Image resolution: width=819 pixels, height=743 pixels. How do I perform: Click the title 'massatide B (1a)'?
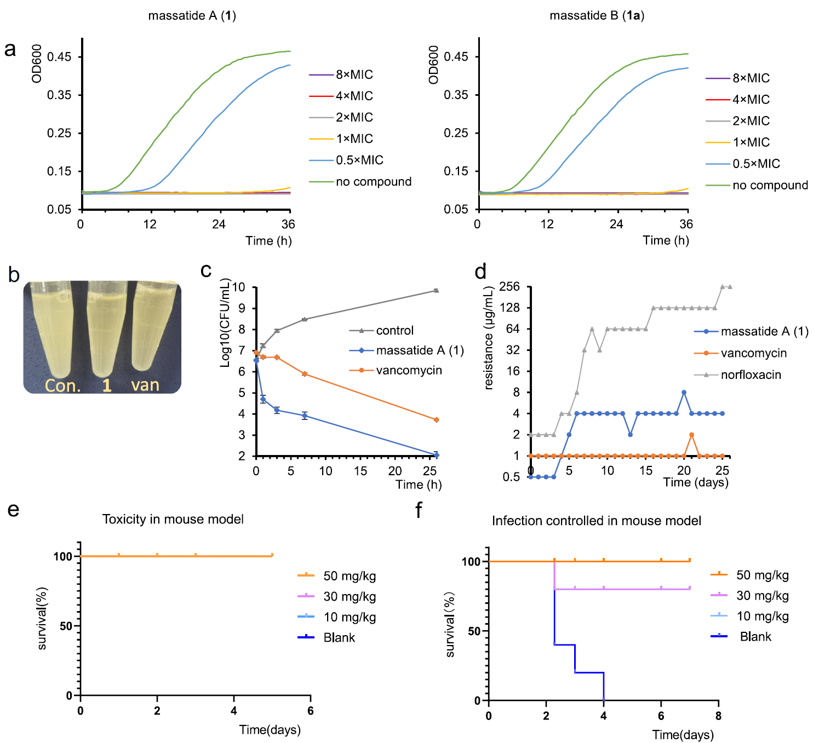point(597,16)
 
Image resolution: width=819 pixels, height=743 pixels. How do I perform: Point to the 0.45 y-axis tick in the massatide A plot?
point(59,57)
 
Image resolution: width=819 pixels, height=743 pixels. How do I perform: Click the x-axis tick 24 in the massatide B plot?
point(616,224)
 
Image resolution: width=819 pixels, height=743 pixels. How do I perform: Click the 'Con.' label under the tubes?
point(62,386)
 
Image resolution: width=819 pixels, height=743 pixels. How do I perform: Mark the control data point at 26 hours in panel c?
point(436,290)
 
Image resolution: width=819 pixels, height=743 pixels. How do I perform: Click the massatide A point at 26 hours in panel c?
point(436,455)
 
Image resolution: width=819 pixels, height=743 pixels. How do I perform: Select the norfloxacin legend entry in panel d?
point(751,375)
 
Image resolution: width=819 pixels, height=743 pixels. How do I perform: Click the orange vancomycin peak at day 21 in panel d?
point(692,435)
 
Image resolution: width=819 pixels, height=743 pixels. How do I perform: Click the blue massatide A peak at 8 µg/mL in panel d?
point(684,393)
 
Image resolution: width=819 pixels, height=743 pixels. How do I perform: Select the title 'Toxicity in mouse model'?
point(173,519)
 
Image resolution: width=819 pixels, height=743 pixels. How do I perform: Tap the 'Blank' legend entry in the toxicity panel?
point(339,638)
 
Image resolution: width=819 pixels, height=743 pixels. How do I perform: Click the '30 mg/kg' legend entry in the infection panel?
point(762,596)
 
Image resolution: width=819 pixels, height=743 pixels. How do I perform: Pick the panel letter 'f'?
point(419,510)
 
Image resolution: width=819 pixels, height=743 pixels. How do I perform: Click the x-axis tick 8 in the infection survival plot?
point(718,716)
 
